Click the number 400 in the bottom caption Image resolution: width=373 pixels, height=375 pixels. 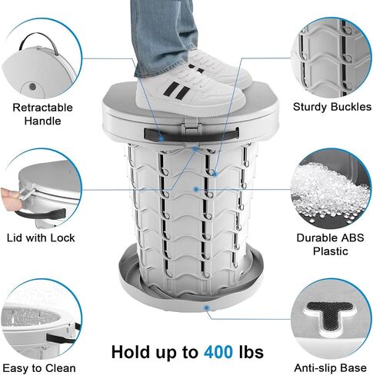[x=218, y=352]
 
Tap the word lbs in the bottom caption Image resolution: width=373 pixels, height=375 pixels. [x=251, y=352]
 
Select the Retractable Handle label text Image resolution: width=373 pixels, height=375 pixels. [x=42, y=114]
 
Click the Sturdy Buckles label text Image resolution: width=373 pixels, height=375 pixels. [x=332, y=107]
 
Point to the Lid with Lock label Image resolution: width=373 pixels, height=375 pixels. [x=41, y=238]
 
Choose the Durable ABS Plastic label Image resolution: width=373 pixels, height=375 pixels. [x=330, y=244]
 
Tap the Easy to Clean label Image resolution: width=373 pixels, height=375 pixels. [x=39, y=368]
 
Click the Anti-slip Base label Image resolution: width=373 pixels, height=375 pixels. [x=330, y=368]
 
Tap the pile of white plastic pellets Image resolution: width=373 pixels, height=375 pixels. [x=331, y=190]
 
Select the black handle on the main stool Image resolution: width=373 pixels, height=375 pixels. [x=191, y=134]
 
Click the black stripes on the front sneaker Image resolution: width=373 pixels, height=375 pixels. [x=177, y=90]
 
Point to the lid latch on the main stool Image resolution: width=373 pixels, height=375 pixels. [x=191, y=126]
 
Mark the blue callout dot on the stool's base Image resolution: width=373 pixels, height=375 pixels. [x=206, y=307]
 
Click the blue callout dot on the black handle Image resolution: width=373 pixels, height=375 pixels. [x=162, y=138]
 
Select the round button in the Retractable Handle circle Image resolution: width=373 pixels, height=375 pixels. [x=32, y=87]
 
